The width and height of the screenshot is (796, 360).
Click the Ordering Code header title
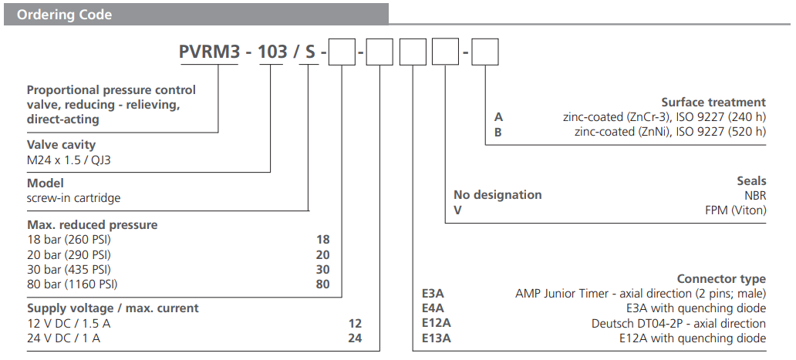65,15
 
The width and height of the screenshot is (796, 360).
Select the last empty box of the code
485,54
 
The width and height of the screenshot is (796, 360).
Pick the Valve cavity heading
62,144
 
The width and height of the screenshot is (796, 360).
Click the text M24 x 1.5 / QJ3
74,160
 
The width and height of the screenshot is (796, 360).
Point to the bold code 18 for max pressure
322,240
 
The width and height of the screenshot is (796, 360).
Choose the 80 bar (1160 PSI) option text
72,284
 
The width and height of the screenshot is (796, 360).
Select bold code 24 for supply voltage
354,338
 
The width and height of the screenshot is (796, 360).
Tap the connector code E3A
433,294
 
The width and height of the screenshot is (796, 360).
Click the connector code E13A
436,338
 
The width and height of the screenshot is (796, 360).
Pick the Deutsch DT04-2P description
677,323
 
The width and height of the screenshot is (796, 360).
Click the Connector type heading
721,279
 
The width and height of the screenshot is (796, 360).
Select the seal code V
457,210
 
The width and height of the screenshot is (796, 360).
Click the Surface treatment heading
713,103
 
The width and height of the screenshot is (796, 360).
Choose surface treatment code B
498,132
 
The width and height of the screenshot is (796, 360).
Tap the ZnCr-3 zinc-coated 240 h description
664,117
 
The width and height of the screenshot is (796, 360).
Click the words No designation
497,195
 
